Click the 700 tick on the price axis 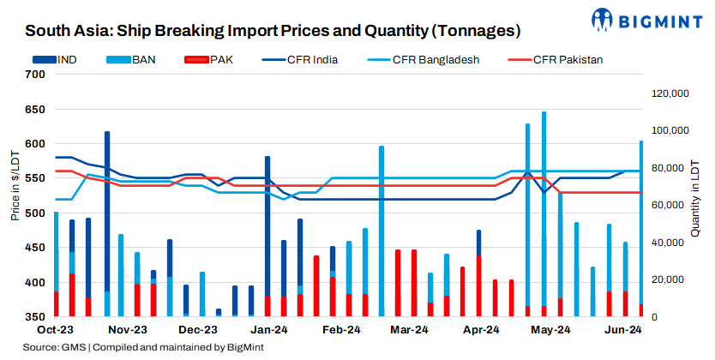[x=35, y=75]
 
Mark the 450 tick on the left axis [x=35, y=248]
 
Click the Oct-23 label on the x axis [x=53, y=329]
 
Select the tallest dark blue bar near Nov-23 [x=107, y=223]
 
